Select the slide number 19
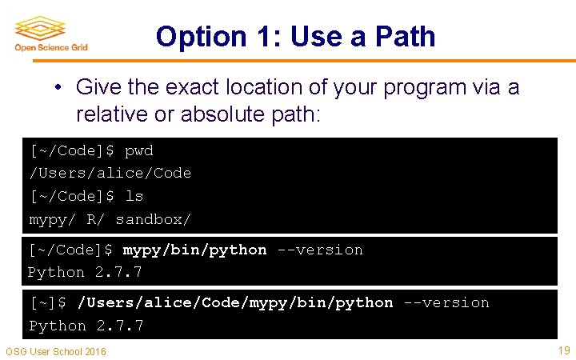pos(563,350)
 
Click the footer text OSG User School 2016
pos(56,352)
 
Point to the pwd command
pos(139,150)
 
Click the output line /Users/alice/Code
pos(110,173)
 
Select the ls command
pos(134,196)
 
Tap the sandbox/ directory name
pos(154,218)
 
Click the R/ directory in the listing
pos(95,218)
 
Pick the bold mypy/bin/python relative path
pos(194,250)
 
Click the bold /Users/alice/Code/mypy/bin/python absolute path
pos(235,302)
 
